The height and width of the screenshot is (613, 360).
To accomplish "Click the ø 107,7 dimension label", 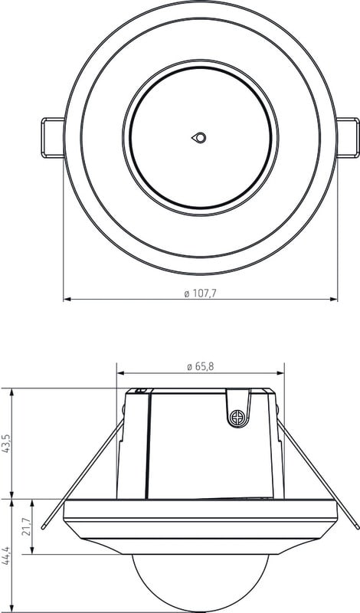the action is pos(200,293).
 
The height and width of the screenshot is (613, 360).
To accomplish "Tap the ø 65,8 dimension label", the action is pos(201,367).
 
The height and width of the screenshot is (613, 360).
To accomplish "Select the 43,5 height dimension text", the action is pos(6,443).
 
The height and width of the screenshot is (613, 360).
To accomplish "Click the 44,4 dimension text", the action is pos(6,554).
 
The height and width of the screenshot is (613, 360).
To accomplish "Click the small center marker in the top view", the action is pos(199,138).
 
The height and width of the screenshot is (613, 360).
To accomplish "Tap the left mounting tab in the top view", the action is pos(53,138).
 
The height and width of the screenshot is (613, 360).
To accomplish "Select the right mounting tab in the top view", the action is pos(348,138).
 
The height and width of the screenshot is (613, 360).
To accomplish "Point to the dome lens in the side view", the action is pos(200,582).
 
